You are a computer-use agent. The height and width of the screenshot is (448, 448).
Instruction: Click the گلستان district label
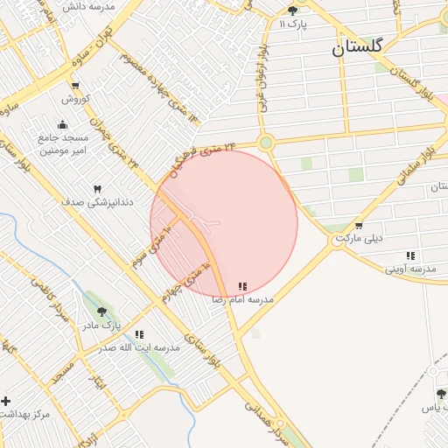[x=357, y=49]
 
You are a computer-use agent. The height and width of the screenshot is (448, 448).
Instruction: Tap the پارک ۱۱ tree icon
[x=292, y=10]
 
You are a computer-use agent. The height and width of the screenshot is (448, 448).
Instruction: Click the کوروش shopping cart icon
[x=74, y=86]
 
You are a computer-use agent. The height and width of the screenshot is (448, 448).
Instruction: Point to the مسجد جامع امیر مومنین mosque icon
[x=61, y=124]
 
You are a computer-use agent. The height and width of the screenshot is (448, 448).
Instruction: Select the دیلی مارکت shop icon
[x=359, y=225]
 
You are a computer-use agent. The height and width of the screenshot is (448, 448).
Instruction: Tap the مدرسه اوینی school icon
[x=410, y=255]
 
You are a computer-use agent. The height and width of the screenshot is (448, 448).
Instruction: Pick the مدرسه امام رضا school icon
[x=242, y=286]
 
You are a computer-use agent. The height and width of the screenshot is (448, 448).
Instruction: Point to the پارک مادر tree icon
[x=102, y=311]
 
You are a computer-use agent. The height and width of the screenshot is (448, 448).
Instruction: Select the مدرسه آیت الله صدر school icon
[x=139, y=334]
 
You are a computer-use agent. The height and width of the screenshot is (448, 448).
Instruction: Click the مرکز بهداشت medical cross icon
[x=6, y=401]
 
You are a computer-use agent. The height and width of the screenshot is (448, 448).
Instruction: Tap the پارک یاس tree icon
[x=441, y=395]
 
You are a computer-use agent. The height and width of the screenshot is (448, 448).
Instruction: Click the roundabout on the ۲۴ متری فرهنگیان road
[x=266, y=143]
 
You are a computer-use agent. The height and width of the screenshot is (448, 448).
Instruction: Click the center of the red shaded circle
[x=224, y=224]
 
